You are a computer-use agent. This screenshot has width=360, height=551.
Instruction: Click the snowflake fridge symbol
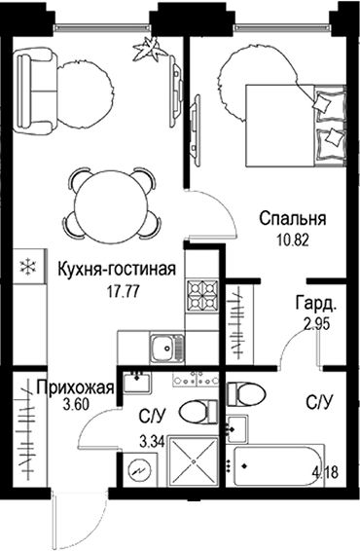click(28, 264)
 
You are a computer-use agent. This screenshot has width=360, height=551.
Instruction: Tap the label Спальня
click(291, 219)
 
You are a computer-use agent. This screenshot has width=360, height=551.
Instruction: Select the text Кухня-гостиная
click(116, 269)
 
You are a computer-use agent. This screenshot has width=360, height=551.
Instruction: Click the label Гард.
click(317, 303)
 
